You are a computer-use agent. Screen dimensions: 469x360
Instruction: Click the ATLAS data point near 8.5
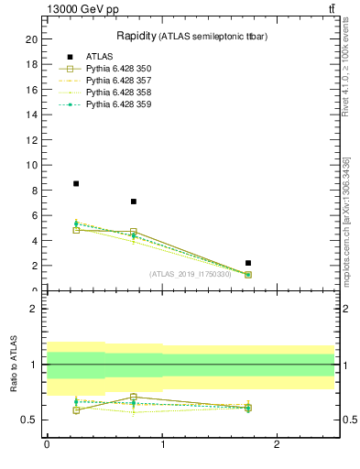pyautogui.click(x=76, y=183)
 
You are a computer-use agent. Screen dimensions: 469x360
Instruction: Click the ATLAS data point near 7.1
pyautogui.click(x=134, y=202)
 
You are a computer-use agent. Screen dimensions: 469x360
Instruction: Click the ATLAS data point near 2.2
pyautogui.click(x=248, y=263)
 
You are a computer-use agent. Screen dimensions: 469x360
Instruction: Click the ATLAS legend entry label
pyautogui.click(x=100, y=57)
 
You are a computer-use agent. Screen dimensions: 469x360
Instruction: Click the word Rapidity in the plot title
pyautogui.click(x=135, y=36)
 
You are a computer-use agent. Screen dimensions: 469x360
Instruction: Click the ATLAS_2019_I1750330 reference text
pyautogui.click(x=191, y=273)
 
